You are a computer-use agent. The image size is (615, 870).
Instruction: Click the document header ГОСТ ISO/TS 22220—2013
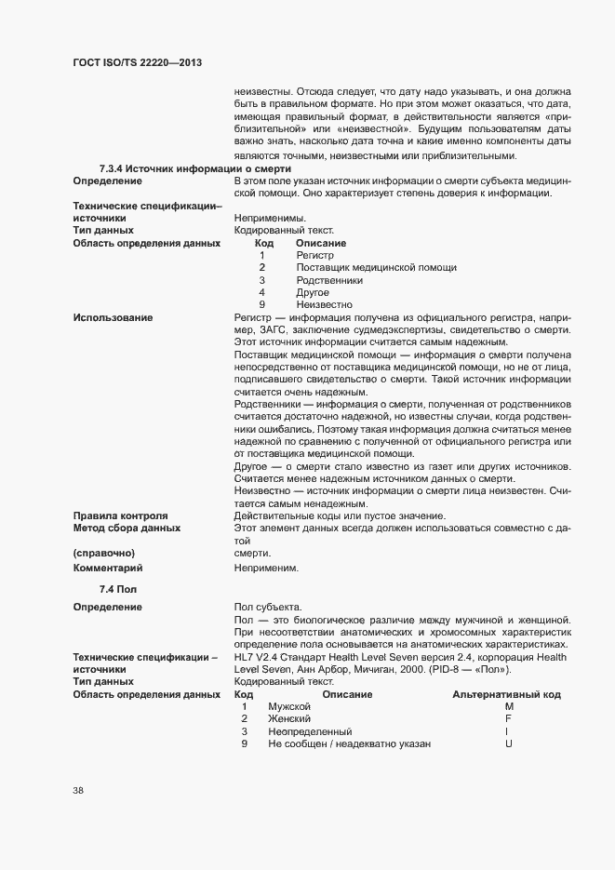pos(137,62)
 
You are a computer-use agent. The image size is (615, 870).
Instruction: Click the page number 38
pos(79,791)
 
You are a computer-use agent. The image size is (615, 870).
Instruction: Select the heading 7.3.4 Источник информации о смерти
pos(195,168)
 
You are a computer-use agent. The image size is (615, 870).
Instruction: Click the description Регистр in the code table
pos(314,255)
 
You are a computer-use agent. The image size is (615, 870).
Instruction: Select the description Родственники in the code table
pos(329,280)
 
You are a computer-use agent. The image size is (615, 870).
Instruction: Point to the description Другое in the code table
pos(313,292)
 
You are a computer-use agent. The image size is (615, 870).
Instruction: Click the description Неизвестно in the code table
pos(324,305)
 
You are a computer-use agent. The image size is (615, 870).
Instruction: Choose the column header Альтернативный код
pos(506,695)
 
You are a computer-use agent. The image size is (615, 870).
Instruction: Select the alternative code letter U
pos(509,744)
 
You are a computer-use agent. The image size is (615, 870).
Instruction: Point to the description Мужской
pos(288,707)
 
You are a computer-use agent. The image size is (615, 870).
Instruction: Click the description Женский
pos(288,719)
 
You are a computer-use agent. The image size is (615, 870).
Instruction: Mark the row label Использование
pos(113,318)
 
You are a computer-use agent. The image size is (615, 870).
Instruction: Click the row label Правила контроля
pos(120,515)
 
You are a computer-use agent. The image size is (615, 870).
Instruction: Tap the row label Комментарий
pos(108,567)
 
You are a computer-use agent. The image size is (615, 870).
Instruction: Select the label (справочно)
pos(102,552)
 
